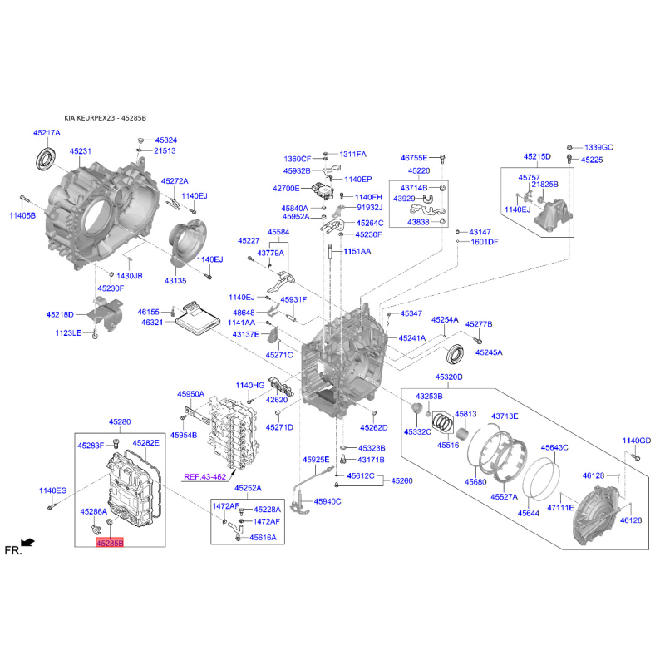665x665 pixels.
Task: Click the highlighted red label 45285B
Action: click(x=110, y=543)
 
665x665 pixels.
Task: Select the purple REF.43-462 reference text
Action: click(x=204, y=476)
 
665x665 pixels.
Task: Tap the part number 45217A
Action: click(x=47, y=133)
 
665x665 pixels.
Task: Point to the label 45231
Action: click(x=80, y=151)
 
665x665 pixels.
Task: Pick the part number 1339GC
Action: click(x=598, y=148)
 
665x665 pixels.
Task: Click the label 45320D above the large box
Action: click(x=449, y=377)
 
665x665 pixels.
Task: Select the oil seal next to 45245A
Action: click(x=455, y=355)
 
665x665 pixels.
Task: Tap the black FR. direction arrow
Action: click(x=27, y=543)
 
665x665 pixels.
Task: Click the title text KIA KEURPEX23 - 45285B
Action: click(x=106, y=118)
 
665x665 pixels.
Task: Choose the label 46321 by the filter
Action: click(x=152, y=323)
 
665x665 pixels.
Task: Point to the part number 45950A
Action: click(x=190, y=394)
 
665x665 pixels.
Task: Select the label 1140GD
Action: click(x=636, y=441)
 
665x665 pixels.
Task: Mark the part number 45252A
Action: click(x=248, y=488)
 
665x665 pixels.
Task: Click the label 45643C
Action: click(x=554, y=447)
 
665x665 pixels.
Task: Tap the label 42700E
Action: click(x=286, y=189)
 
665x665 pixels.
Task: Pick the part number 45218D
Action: click(x=60, y=315)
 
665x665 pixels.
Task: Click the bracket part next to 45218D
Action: click(x=106, y=314)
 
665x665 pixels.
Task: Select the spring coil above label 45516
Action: click(x=443, y=422)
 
